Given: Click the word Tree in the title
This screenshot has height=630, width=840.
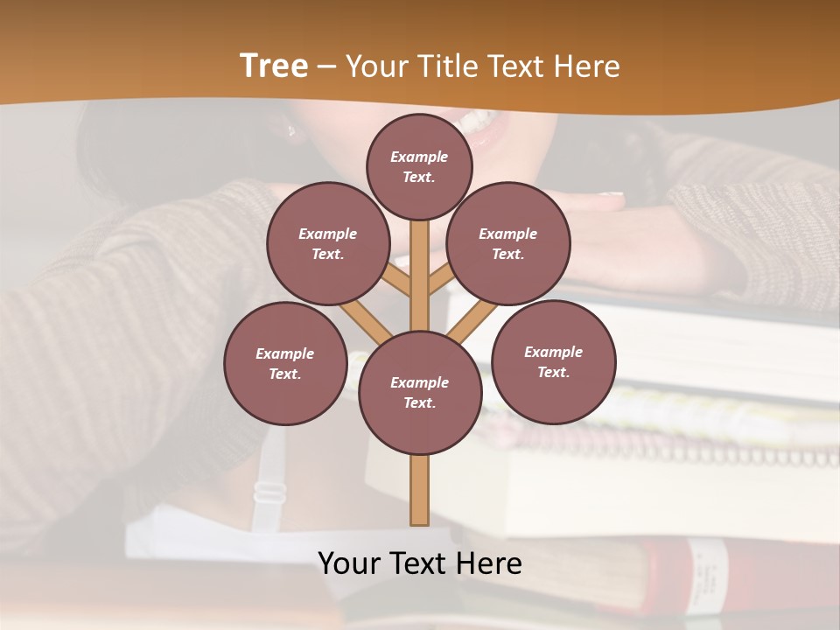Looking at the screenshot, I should (274, 66).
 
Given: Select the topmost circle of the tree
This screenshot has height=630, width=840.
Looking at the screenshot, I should (419, 166).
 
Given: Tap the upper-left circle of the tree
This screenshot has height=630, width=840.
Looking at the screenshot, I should (327, 243).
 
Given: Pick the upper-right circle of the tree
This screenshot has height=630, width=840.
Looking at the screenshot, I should (508, 243).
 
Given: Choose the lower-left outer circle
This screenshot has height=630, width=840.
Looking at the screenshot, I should (284, 363).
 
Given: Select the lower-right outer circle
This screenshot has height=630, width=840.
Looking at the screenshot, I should (554, 361).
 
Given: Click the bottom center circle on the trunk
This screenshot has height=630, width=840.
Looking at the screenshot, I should (419, 393).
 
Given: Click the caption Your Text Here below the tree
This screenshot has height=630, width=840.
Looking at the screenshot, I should (419, 563).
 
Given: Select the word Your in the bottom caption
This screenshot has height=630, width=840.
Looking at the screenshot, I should (350, 563).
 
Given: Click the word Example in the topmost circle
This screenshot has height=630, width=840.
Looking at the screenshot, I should (419, 157).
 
